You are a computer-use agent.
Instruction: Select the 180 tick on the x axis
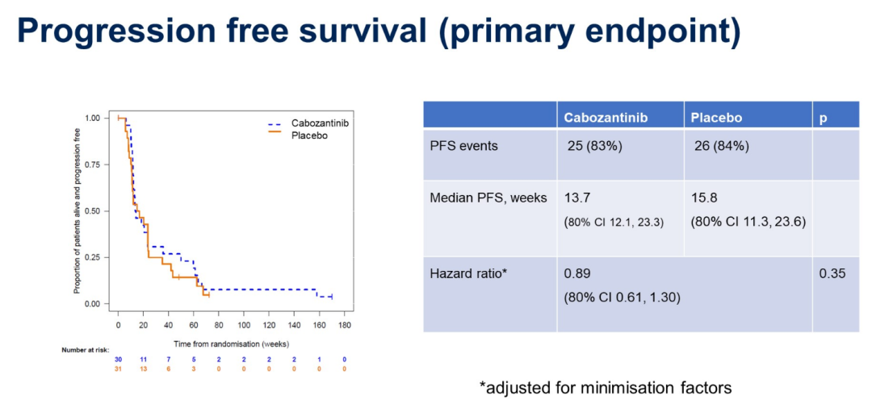pos(344,327)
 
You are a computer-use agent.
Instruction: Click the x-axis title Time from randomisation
pos(231,343)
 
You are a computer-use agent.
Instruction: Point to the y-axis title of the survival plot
pos(78,210)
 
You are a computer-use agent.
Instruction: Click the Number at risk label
pos(85,350)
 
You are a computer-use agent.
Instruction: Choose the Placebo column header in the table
pos(716,118)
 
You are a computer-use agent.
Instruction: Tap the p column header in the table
pos(824,118)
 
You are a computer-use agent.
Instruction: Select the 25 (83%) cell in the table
pos(597,146)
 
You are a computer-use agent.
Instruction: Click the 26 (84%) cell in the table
pos(722,146)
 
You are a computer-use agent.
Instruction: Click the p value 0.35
pos(832,274)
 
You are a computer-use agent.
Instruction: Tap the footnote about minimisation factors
pos(606,388)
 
